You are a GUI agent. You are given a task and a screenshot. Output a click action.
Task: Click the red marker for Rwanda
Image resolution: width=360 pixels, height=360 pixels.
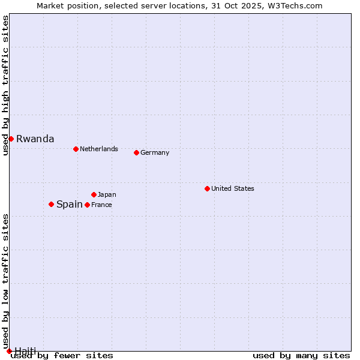(x=11, y=139)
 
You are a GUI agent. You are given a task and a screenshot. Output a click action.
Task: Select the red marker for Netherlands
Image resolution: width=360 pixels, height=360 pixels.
(x=76, y=149)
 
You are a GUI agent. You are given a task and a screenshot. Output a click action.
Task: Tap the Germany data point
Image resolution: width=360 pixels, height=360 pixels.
(x=136, y=152)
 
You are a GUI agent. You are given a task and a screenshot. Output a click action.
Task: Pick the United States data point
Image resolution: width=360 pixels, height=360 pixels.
(x=207, y=188)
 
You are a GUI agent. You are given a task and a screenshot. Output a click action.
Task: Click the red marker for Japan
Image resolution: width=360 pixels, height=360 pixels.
(x=94, y=194)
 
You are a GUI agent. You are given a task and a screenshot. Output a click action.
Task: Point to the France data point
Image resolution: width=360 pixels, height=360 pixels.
(x=87, y=205)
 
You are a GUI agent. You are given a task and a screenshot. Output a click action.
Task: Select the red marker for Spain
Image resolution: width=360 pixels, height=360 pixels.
(x=51, y=204)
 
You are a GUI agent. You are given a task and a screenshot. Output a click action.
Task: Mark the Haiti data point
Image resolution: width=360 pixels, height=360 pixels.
(x=9, y=351)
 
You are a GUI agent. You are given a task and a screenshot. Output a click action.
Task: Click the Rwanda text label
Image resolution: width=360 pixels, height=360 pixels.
(x=35, y=139)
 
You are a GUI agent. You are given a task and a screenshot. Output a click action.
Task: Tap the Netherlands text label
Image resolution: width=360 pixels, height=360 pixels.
(x=98, y=149)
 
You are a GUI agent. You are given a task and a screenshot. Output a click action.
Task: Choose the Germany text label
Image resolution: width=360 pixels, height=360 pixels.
(x=155, y=152)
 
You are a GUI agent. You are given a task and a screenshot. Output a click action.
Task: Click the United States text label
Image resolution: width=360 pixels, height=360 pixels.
(x=232, y=188)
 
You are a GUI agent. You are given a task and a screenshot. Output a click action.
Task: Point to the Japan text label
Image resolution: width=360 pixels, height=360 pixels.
(x=107, y=194)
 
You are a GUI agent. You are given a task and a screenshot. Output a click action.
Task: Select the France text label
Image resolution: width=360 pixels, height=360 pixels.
(x=101, y=205)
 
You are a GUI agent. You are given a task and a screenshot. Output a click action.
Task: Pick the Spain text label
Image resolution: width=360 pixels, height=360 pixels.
(x=69, y=204)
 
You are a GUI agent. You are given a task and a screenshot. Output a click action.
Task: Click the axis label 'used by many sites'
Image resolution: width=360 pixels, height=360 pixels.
(x=301, y=355)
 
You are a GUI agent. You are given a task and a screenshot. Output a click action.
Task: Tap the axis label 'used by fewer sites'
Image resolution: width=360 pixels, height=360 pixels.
(x=62, y=355)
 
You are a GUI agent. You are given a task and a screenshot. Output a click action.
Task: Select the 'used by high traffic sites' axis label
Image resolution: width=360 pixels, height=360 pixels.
(x=5, y=85)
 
